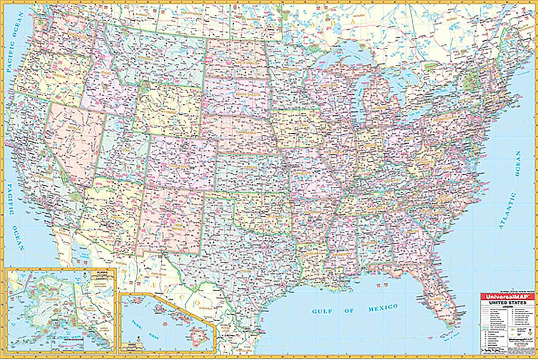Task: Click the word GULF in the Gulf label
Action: click(x=322, y=311)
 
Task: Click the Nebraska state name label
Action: click(x=240, y=129)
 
